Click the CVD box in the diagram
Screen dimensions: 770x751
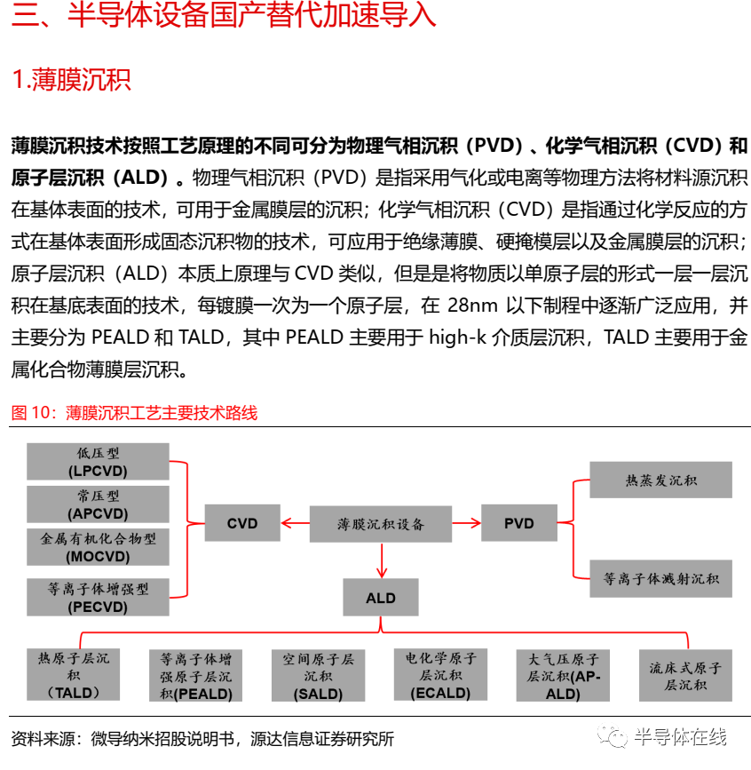(x=241, y=523)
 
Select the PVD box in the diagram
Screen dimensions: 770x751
(x=518, y=523)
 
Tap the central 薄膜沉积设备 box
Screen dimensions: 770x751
(x=381, y=523)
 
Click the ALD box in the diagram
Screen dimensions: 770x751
(x=381, y=598)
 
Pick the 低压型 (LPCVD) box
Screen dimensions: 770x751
(x=98, y=462)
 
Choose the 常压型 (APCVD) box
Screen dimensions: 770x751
(x=98, y=504)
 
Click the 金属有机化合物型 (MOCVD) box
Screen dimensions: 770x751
(x=98, y=547)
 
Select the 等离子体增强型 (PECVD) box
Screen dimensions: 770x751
(x=98, y=597)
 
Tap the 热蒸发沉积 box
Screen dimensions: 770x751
(x=661, y=480)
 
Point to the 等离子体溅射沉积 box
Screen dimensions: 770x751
(x=661, y=578)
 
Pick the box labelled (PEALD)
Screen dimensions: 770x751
(x=196, y=676)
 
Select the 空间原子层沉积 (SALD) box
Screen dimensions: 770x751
(x=319, y=676)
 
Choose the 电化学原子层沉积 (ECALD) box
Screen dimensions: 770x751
(x=440, y=675)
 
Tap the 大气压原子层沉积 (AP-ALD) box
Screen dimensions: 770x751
(x=563, y=676)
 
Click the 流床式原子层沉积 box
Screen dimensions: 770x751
(x=685, y=676)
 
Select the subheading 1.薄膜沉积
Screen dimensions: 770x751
(x=71, y=81)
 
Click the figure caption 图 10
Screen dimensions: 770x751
(x=133, y=413)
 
